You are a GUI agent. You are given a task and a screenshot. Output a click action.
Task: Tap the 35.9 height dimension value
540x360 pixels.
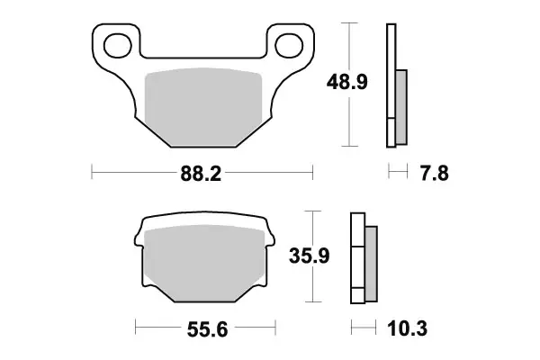tap(310, 257)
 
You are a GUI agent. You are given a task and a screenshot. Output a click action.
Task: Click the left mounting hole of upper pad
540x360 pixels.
tap(116, 42)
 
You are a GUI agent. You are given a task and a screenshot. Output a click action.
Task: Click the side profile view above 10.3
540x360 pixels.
tap(362, 257)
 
